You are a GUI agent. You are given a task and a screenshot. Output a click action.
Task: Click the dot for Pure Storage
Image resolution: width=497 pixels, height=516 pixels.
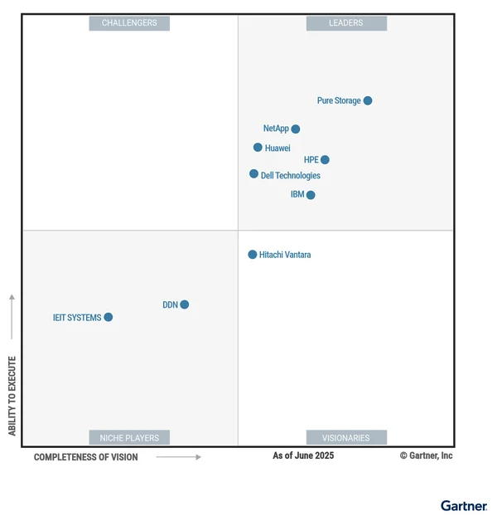click(368, 100)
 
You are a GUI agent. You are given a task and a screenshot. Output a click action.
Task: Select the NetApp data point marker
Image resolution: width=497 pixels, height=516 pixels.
click(296, 129)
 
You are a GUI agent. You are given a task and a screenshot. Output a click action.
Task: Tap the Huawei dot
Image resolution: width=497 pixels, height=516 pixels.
click(258, 148)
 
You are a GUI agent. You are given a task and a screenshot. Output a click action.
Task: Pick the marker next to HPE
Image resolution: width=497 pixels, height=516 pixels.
click(325, 159)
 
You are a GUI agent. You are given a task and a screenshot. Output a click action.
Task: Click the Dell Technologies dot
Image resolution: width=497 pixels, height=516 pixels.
click(254, 174)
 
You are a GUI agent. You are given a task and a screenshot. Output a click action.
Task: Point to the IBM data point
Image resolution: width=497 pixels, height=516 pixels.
click(311, 195)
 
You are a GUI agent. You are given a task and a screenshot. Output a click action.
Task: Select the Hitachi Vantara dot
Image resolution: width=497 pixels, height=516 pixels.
click(253, 255)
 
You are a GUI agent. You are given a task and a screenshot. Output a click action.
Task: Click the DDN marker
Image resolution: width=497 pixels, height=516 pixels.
click(185, 304)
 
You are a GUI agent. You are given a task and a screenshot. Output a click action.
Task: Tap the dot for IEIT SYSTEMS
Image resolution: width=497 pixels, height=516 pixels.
click(109, 317)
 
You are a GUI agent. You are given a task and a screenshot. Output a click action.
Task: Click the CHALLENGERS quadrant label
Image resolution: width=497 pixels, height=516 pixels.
click(129, 23)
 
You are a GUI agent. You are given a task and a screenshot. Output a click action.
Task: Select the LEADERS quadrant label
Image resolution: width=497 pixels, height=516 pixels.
click(346, 23)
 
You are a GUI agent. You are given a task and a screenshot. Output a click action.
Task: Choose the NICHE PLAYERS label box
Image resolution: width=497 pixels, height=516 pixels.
click(129, 437)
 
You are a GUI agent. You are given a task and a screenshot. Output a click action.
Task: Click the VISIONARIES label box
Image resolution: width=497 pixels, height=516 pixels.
click(346, 437)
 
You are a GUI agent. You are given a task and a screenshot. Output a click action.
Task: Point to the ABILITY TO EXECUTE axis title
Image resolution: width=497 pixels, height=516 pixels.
click(12, 396)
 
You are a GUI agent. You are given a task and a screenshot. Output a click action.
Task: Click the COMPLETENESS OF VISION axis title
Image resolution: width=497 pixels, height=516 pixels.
click(86, 457)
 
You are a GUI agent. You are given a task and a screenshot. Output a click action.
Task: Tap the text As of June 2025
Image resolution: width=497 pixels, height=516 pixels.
click(303, 455)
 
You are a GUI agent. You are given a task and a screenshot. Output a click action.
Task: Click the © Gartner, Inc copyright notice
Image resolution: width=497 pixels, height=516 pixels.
click(426, 455)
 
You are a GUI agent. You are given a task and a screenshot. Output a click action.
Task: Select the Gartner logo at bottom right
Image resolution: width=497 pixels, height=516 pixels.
click(463, 505)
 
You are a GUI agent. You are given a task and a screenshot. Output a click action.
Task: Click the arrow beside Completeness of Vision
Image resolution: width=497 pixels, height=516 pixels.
click(179, 457)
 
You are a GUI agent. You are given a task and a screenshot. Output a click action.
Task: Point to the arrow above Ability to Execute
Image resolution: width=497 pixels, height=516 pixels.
click(12, 315)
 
